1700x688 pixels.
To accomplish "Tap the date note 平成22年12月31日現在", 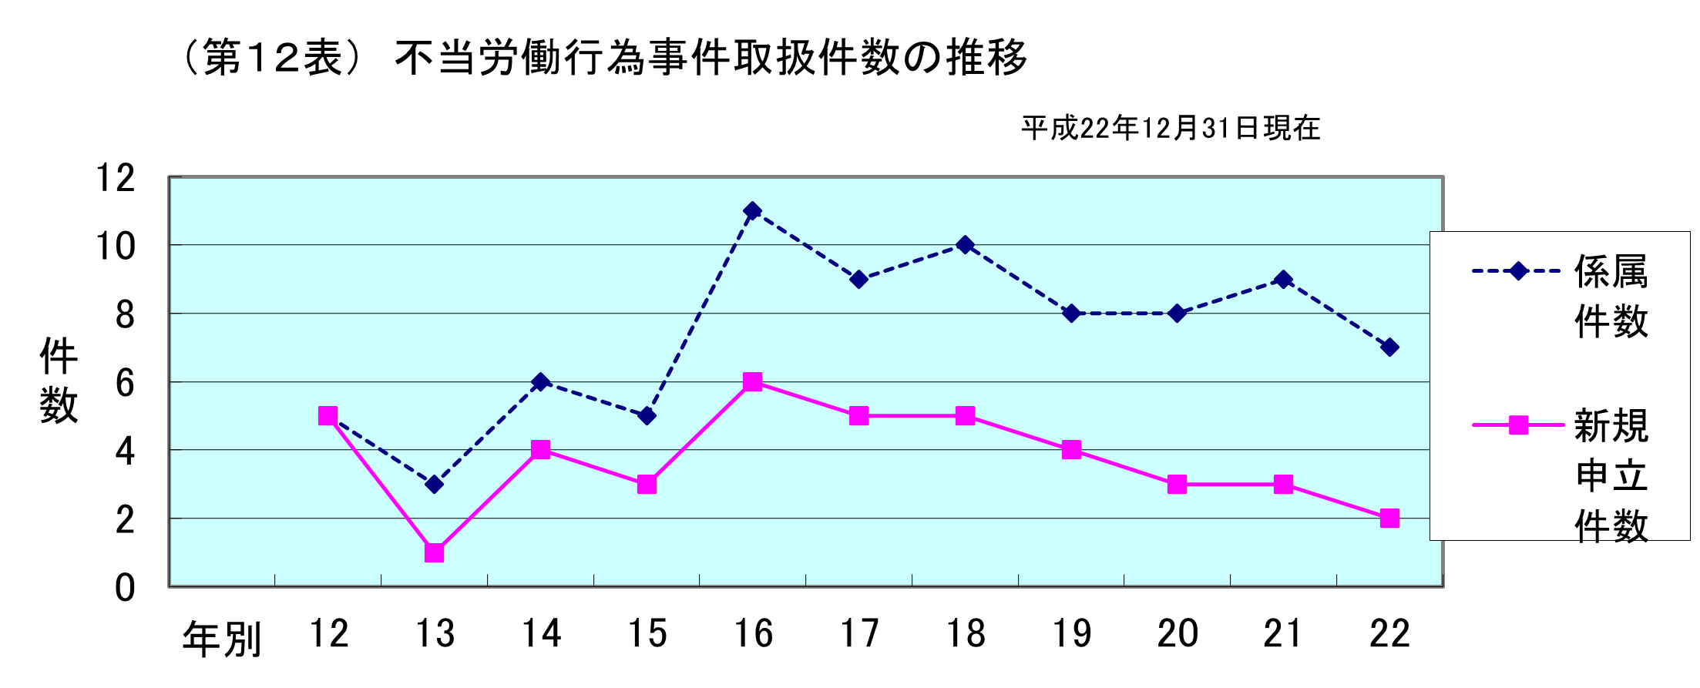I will click(1171, 128).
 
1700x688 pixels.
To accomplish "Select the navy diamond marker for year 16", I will click(753, 210).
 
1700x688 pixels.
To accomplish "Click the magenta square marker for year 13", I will click(434, 552).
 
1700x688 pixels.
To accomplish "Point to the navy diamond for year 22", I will click(1389, 347).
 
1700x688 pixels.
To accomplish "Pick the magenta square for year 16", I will click(753, 382).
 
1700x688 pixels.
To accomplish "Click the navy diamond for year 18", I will click(965, 245).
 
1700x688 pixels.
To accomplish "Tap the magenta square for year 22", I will click(1389, 519).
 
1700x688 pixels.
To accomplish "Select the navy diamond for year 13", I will click(434, 484).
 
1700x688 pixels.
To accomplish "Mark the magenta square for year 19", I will click(1071, 450).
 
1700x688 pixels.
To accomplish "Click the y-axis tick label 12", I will click(115, 178).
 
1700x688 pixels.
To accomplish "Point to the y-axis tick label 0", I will click(125, 588).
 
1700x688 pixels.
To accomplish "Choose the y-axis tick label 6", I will click(125, 383).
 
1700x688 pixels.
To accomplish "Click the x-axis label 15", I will click(647, 634).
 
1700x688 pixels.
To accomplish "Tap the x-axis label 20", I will click(1177, 634).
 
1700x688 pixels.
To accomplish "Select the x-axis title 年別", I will click(222, 639).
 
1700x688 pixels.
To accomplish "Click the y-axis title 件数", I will click(59, 380).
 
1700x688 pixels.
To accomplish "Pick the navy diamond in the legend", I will click(1517, 271).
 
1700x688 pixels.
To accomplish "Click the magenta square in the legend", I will click(1517, 425).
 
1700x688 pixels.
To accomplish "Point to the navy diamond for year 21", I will click(1283, 279).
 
